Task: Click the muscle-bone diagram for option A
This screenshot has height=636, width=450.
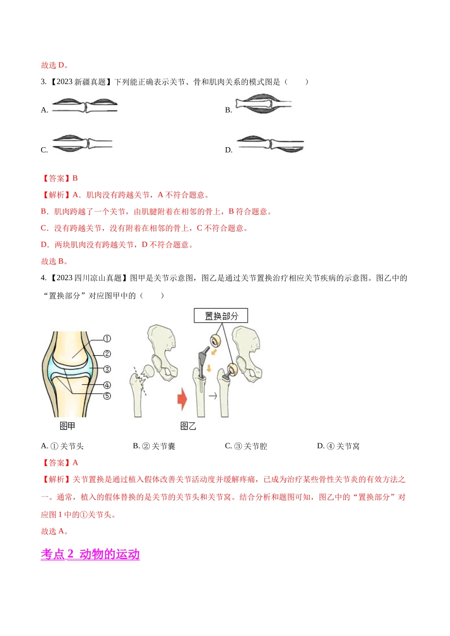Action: coord(85,106)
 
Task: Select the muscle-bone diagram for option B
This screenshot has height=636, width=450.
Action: coord(263,104)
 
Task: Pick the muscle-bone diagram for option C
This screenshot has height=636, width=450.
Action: coord(83,143)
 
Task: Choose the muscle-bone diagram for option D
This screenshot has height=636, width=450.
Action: coord(270,144)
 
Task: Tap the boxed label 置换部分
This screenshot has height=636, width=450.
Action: coord(221,316)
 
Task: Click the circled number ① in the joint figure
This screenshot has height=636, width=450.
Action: coord(107,338)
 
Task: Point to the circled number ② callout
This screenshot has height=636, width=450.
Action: coord(107,354)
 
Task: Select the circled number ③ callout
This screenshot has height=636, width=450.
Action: coord(107,369)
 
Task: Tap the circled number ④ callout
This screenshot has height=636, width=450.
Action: coord(107,385)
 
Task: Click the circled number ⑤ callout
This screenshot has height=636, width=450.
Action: coord(107,396)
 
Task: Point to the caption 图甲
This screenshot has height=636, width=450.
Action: coord(67,426)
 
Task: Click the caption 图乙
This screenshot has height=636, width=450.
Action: coord(188,426)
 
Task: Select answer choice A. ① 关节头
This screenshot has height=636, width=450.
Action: coord(62,446)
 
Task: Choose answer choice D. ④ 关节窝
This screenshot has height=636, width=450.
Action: coord(338,446)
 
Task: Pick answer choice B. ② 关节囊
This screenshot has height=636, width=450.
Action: coord(154,446)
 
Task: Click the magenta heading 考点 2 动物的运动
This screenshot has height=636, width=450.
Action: coord(90,554)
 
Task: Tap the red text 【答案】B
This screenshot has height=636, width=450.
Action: coord(59,178)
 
